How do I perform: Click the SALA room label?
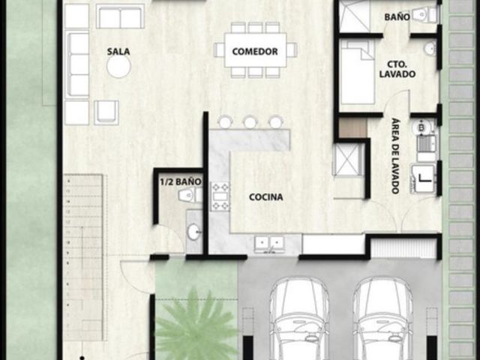[x=118, y=52]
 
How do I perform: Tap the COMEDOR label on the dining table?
[x=255, y=51]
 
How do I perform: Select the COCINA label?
[x=265, y=196]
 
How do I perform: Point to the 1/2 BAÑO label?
[x=181, y=181]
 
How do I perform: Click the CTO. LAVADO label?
[x=397, y=69]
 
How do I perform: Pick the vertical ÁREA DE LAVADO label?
[x=395, y=156]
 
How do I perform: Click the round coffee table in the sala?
[x=118, y=66]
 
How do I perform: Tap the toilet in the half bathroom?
[x=190, y=195]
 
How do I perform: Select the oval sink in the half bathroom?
[x=193, y=232]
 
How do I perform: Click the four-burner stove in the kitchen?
[x=220, y=196]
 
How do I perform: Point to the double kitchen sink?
[x=270, y=243]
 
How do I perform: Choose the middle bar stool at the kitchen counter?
[x=250, y=121]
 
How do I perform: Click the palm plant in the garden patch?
[x=196, y=325]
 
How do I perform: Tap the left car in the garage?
[x=299, y=318]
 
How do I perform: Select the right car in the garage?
[x=382, y=318]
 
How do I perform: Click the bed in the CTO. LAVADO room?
[x=357, y=72]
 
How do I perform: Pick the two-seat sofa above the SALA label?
[x=120, y=16]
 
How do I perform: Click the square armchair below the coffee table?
[x=106, y=112]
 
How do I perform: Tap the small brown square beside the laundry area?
[x=353, y=128]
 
